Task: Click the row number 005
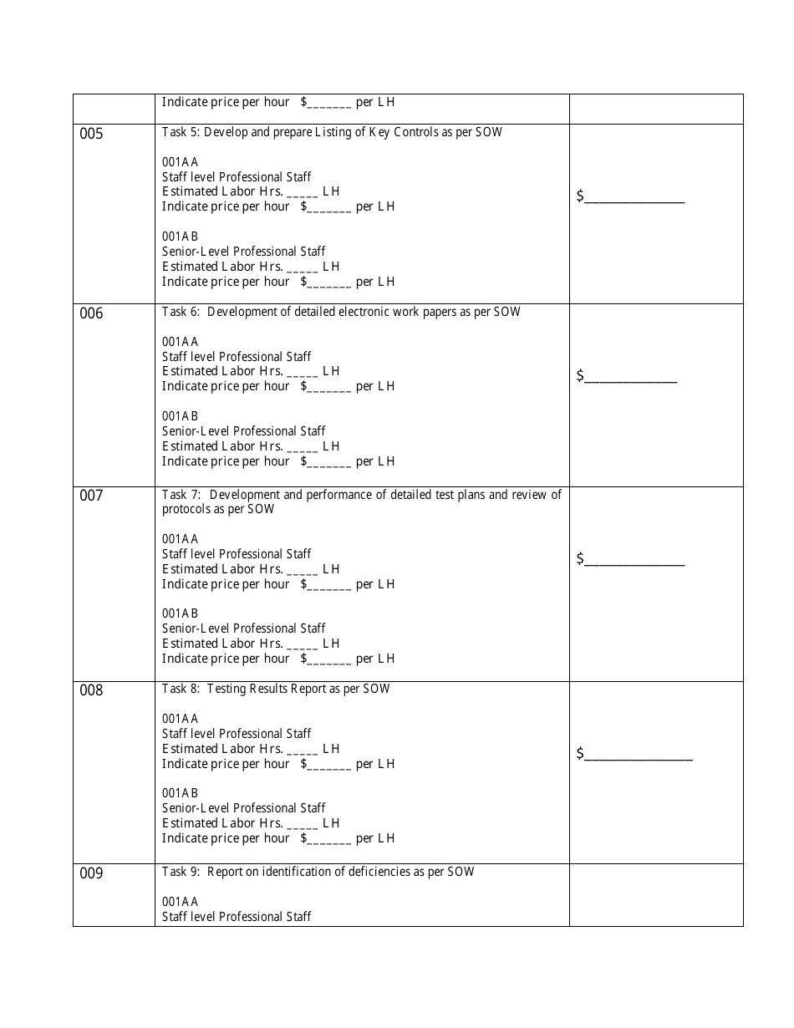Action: coord(92,134)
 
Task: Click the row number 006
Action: coord(92,313)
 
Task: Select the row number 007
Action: coord(92,496)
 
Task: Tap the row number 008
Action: coord(92,690)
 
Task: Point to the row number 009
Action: coord(92,873)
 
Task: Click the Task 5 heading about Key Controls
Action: coord(332,132)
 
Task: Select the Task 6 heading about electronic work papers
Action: coord(341,312)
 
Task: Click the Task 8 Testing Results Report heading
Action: coord(276,689)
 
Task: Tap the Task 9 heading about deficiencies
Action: coord(318,872)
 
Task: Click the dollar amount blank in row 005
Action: coord(634,197)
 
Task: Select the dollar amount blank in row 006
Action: coord(629,377)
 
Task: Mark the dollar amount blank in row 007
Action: coord(634,560)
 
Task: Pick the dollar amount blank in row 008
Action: coord(638,755)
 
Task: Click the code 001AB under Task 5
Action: coord(180,237)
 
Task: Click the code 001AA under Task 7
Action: coord(180,539)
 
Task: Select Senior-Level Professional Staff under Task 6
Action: coord(243,431)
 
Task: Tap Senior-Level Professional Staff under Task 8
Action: coord(243,808)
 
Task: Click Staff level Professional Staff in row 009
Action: coord(237,917)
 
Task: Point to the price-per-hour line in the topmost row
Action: coord(278,103)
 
